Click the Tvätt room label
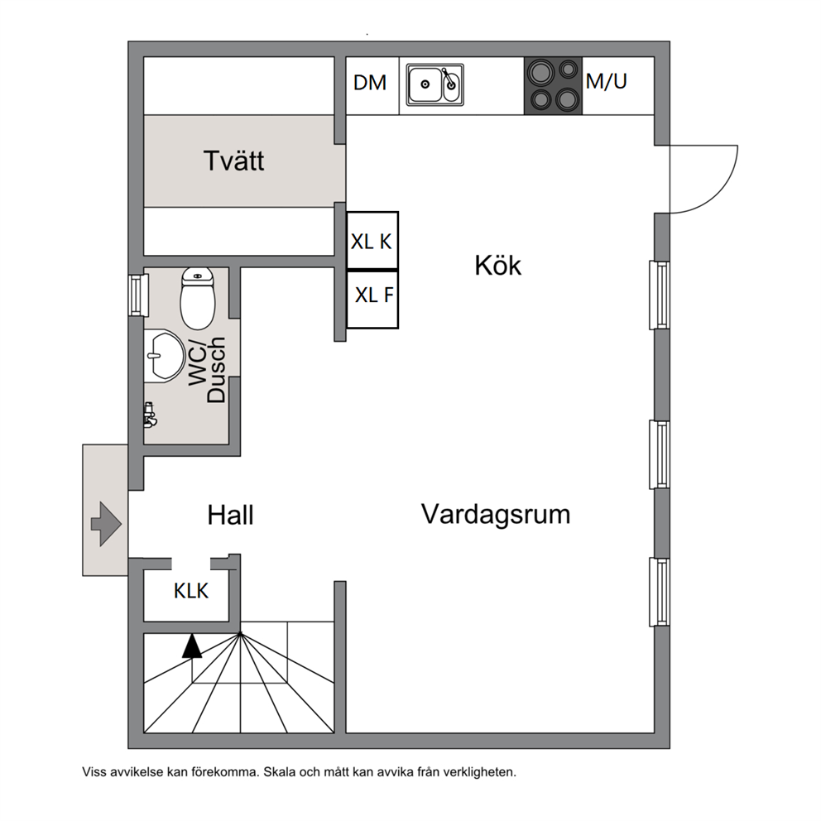coord(233,161)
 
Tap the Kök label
coord(498,266)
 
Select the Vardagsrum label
coord(495,514)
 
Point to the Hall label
coord(230,516)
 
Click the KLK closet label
coord(191,591)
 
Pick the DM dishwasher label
coord(370,83)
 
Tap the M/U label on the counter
coord(607,81)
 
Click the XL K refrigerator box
coord(372,240)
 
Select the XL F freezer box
coord(372,300)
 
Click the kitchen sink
coord(435,84)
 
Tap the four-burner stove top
coord(553,85)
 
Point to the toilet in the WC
coord(198,299)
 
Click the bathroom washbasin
coord(164,356)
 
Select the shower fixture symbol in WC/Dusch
coord(150,415)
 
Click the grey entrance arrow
coord(106,524)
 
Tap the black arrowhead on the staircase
coord(192,646)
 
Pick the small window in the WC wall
coord(137,295)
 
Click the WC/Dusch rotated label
coord(207,369)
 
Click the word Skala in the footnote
coord(280,772)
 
